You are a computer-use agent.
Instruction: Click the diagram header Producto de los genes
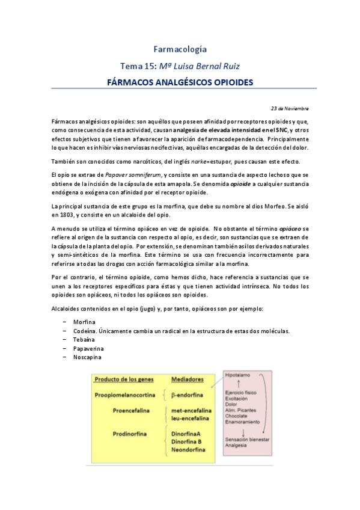123,379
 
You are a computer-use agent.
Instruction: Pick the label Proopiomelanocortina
125,395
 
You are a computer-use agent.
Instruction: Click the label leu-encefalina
190,418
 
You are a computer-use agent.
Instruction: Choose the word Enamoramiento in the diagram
243,423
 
